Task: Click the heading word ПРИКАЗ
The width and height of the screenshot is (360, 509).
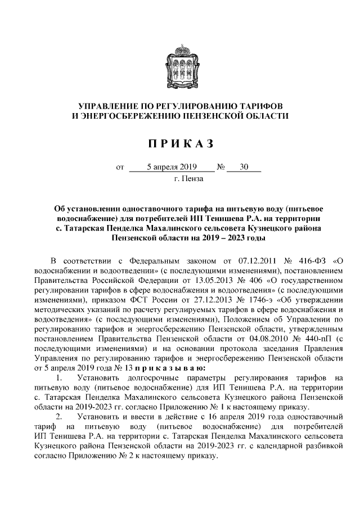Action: (180, 144)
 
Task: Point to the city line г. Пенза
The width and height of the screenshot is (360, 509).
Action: (188, 179)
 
